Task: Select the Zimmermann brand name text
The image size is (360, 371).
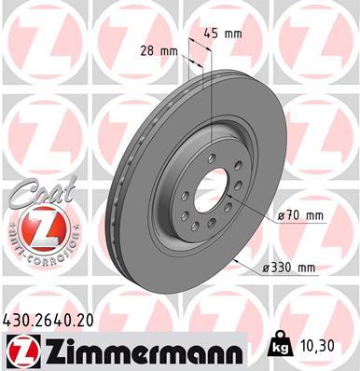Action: (x=136, y=350)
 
